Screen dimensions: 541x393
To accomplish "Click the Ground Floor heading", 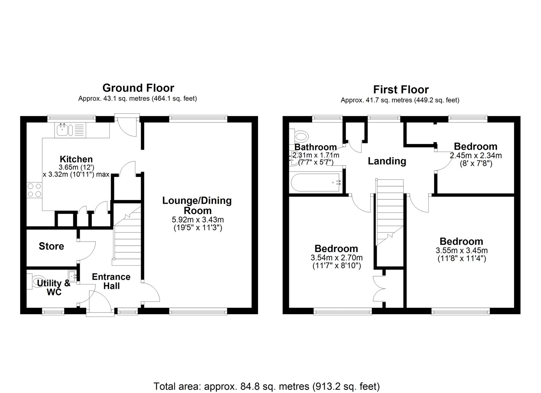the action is tap(138, 88).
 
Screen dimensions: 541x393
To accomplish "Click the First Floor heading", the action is tap(401, 90).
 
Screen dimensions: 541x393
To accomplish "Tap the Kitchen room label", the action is tap(76, 159).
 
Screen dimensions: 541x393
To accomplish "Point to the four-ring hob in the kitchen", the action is tap(34, 190).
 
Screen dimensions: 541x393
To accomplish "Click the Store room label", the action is tap(51, 246).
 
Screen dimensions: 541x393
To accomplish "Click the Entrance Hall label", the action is tap(111, 281).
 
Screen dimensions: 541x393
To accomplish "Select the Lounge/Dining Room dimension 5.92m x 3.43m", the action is tap(198, 220).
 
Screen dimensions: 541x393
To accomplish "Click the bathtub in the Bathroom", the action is tap(316, 182).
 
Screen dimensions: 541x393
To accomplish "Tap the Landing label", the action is tap(387, 161).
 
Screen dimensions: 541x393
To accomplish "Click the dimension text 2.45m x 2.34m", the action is tap(476, 156).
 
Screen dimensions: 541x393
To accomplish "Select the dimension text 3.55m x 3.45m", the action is tap(462, 251).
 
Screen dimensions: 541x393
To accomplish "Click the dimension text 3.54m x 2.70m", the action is tap(337, 258).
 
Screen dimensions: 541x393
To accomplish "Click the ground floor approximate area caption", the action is tap(138, 99).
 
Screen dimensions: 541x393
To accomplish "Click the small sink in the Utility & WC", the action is tap(73, 275).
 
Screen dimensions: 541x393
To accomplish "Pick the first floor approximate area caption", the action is tap(400, 100).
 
